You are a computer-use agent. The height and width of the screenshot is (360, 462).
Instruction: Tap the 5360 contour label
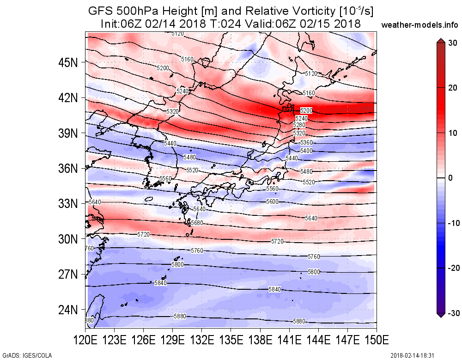point(306,142)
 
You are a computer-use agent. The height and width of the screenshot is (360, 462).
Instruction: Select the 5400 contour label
point(306,151)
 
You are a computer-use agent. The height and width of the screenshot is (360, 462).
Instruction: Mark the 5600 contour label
point(273,202)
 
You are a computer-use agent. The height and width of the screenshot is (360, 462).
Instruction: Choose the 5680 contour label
point(197,223)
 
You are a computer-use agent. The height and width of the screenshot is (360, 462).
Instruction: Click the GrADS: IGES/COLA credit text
point(26,355)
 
